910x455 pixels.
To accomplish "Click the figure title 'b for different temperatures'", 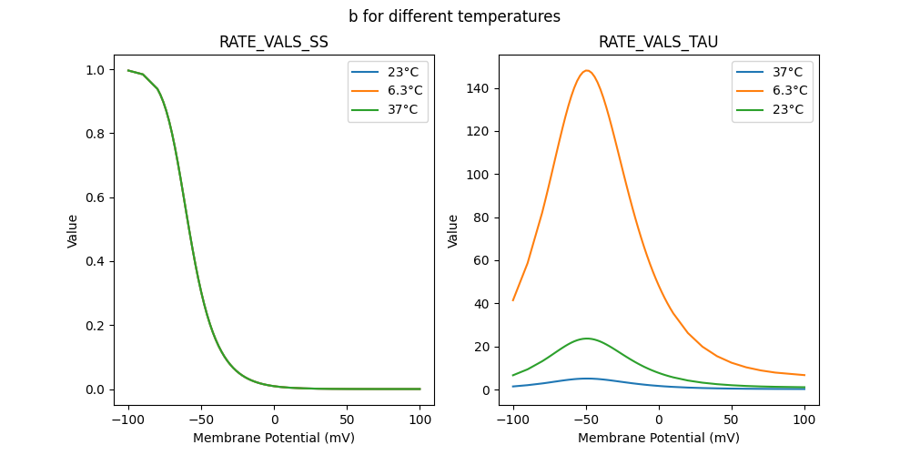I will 454,16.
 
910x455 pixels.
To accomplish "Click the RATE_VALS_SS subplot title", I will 274,43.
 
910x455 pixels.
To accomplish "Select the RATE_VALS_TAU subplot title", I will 658,43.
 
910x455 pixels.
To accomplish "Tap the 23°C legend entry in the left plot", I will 400,71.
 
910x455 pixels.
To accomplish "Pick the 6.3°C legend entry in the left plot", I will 404,90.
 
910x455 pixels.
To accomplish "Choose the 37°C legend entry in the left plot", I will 400,109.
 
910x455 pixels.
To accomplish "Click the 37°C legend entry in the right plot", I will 784,71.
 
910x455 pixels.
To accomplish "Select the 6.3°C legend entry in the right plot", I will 788,90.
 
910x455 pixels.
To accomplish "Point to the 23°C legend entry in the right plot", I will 784,109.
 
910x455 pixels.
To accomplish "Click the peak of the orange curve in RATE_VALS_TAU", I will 587,71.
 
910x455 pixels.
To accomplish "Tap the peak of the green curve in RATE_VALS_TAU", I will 588,339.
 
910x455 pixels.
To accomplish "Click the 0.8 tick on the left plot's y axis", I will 93,134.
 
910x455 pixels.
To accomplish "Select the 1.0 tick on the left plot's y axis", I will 93,70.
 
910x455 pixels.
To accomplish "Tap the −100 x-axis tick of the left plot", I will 128,420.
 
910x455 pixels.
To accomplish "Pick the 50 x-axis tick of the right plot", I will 732,420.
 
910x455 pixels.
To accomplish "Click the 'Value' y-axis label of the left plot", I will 73,230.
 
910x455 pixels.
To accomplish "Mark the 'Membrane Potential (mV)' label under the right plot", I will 658,438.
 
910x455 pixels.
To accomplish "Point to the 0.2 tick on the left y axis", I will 93,326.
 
